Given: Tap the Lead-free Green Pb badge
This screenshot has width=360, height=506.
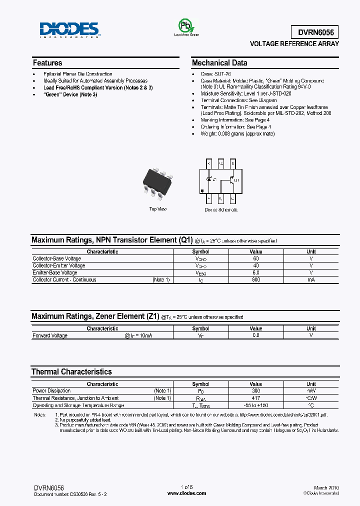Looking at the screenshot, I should tap(186, 27).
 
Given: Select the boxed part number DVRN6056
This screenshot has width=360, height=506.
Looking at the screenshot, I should tap(315, 32).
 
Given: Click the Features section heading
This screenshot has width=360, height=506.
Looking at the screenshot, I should tap(47, 63).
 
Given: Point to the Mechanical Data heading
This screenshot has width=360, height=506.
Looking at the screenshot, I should tap(219, 63).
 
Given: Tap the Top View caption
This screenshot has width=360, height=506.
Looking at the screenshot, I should tap(158, 209).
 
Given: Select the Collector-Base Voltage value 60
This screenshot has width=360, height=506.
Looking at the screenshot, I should tap(255, 258).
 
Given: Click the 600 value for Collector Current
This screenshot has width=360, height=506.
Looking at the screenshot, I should tap(255, 279).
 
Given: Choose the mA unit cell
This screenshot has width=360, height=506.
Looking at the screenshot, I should tap(311, 279).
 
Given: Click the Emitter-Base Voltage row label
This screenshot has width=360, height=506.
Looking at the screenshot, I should tap(55, 272).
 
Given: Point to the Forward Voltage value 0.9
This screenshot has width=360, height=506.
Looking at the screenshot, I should tap(255, 335).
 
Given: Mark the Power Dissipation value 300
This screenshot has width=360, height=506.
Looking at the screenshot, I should tap(255, 390).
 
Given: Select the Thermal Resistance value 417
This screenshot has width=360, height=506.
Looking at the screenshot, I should tap(255, 398).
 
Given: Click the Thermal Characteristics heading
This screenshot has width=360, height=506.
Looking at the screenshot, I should tap(71, 371).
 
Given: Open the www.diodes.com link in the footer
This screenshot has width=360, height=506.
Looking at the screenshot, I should tap(186, 493).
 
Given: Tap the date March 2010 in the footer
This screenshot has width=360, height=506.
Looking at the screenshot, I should tap(326, 487).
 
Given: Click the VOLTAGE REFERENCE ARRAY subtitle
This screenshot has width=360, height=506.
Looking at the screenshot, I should tap(294, 44).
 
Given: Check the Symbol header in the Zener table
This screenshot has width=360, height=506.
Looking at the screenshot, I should tap(200, 328).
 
